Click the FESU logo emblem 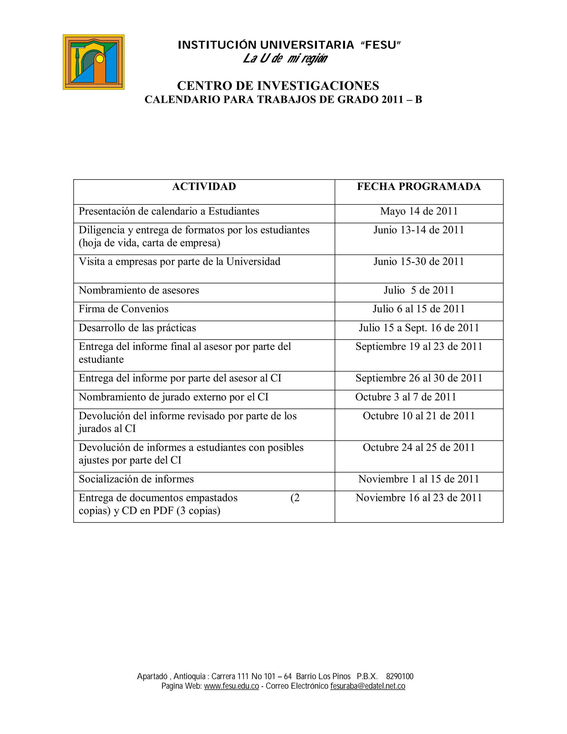coord(93,62)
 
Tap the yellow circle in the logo coord(99,59)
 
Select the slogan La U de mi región coord(285,58)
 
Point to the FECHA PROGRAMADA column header coord(419,186)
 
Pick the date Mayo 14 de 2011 coord(419,211)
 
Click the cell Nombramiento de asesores coord(139,290)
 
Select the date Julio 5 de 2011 coord(419,290)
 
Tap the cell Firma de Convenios coord(123,309)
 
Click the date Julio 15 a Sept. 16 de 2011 coord(419,328)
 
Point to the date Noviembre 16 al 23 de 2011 coord(419,498)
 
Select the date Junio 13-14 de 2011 coord(419,230)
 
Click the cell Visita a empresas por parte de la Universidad coord(179,262)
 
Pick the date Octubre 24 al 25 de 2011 coord(419,448)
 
